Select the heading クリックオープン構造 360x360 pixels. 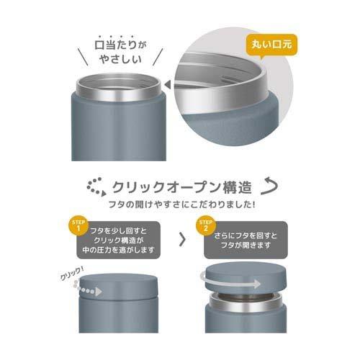(x=181, y=188)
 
